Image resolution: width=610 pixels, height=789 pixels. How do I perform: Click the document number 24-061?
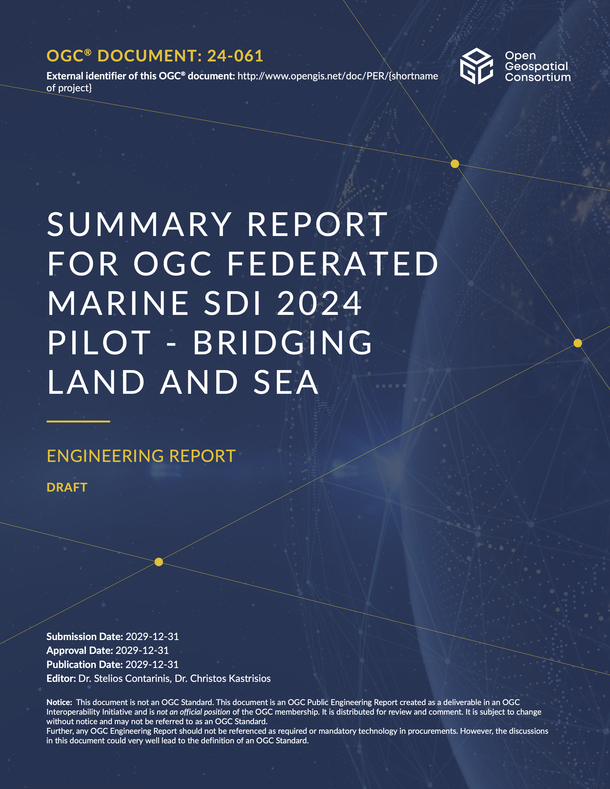pos(235,56)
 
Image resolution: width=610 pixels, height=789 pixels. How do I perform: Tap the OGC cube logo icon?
pos(476,66)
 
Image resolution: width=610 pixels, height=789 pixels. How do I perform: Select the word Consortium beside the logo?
pos(538,77)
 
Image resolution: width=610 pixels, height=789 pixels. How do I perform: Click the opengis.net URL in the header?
pos(338,76)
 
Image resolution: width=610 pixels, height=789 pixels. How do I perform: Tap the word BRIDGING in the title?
pos(282,343)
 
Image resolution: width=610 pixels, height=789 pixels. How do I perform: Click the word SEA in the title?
pos(286,383)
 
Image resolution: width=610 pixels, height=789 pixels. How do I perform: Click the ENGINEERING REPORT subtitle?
pos(141,456)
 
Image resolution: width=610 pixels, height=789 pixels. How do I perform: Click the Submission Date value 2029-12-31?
pos(152,636)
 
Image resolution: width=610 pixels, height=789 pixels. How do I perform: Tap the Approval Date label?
pos(79,651)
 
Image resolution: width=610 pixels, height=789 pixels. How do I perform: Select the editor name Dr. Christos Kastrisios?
pos(223,679)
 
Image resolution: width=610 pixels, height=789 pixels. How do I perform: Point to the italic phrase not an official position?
pos(193,712)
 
